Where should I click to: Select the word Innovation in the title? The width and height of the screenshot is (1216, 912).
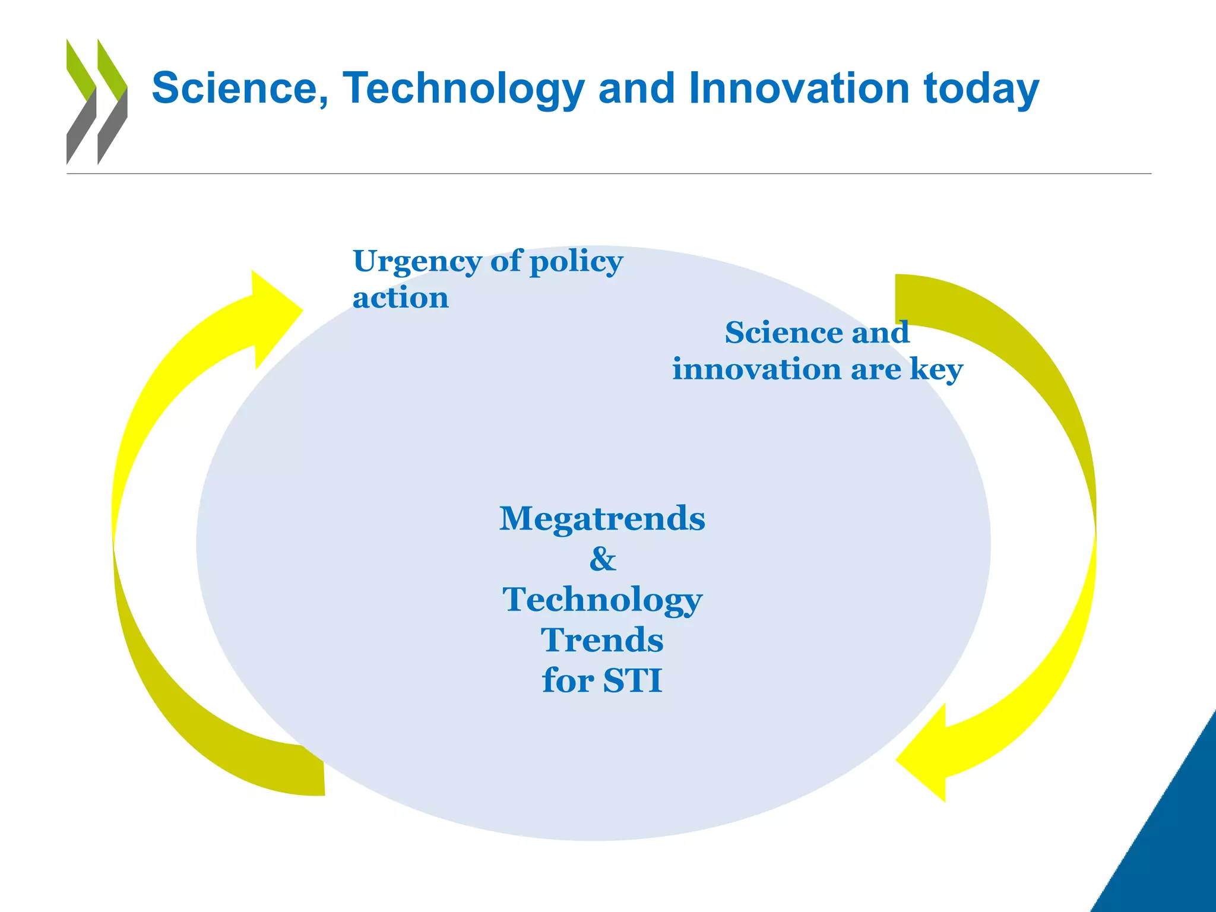[x=799, y=88]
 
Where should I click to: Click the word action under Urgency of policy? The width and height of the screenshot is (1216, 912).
[x=400, y=297]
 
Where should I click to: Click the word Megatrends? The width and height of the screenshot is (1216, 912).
[x=602, y=518]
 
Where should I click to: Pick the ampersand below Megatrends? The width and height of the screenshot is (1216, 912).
[x=603, y=559]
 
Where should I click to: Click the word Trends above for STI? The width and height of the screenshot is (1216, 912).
[x=602, y=640]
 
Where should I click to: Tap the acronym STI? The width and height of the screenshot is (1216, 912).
[x=632, y=680]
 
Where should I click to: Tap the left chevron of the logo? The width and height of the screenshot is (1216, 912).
[x=81, y=101]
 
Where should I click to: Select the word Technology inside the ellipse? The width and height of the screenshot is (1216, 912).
[x=602, y=600]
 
